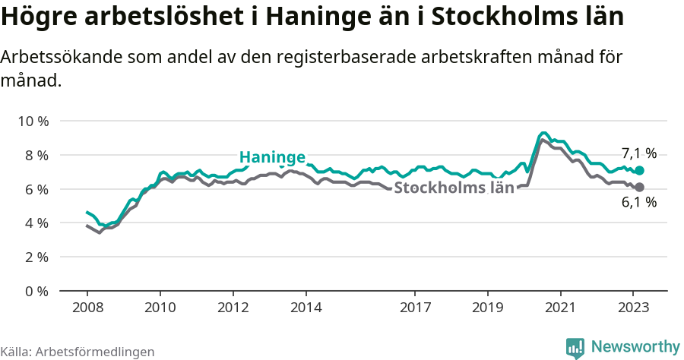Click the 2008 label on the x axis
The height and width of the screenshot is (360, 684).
tap(87, 308)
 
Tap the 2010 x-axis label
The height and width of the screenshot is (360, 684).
tap(160, 308)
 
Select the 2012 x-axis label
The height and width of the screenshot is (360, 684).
tap(233, 308)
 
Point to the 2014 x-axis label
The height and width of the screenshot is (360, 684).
tap(306, 308)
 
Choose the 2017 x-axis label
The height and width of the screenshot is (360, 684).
tap(415, 308)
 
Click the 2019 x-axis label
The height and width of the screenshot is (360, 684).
tap(488, 308)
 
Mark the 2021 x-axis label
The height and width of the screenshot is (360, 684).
tap(561, 308)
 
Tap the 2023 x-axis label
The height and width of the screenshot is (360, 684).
tap(634, 308)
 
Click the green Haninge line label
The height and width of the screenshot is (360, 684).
tap(272, 157)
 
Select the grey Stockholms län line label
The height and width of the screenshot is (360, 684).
tap(454, 188)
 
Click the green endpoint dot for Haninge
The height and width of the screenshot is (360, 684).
tap(639, 171)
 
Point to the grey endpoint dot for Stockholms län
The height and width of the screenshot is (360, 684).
tap(639, 187)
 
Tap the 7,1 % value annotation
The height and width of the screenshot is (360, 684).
tap(639, 152)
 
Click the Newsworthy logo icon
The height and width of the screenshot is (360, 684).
tap(575, 348)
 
